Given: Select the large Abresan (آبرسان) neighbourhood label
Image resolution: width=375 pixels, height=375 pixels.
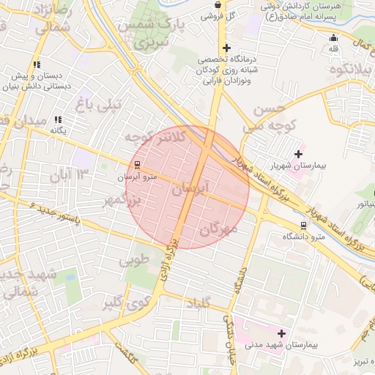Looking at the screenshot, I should click(190, 188).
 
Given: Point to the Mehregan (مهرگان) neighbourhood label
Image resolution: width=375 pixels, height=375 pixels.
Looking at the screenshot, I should click(218, 229).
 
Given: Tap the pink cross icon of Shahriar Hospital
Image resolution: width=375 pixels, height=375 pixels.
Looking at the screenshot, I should click(298, 154).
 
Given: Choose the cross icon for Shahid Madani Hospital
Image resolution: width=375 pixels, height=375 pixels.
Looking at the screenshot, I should click(281, 333).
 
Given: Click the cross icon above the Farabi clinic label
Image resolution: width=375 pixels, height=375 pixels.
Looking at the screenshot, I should click(227, 48).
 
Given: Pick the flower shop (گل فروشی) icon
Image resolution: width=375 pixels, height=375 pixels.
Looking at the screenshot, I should click(218, 4).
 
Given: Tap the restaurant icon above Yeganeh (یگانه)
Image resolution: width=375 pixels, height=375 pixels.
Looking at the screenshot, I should click(58, 119).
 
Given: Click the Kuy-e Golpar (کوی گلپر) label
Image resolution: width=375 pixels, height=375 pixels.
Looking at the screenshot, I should click(126, 302).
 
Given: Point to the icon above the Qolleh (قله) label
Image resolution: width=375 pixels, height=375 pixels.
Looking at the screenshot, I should click(334, 38).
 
